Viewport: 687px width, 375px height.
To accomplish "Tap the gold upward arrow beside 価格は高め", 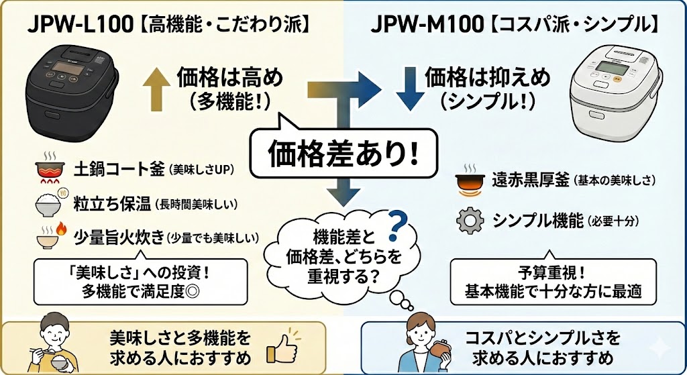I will (156, 87).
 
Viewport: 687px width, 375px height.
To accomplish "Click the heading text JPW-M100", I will (427, 25).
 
